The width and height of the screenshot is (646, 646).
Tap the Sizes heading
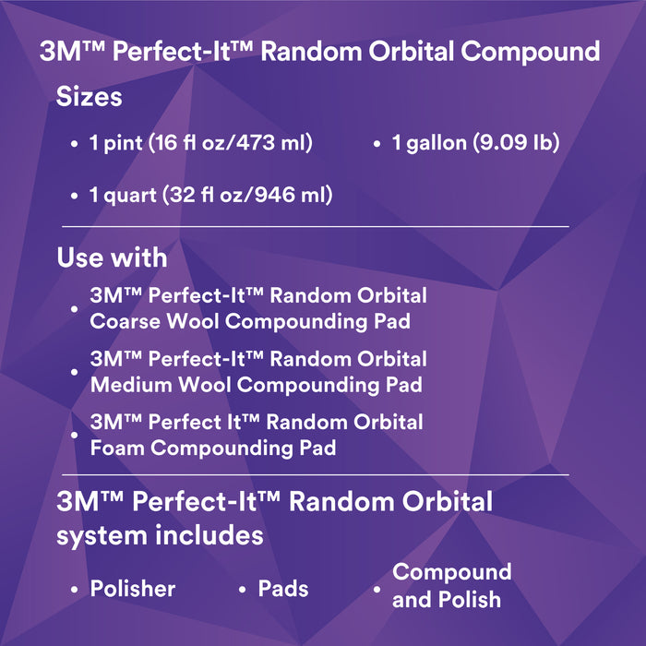pos(90,96)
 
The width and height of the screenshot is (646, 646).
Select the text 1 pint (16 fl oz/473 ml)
pos(201,143)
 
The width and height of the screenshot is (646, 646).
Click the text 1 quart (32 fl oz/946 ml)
pos(211,195)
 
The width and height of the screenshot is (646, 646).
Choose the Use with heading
pos(112,257)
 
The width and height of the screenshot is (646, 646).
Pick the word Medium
pos(129,384)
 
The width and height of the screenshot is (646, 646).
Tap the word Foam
pos(117,448)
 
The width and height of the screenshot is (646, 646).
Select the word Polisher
pos(133,588)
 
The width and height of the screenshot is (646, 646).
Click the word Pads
pos(283,588)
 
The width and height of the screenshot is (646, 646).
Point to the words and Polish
pos(447,599)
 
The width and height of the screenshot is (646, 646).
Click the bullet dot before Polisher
pos(75,590)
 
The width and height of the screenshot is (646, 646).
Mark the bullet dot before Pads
pos(242,590)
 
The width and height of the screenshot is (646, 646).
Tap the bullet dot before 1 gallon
pos(377,145)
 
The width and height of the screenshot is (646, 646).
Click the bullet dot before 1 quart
pos(75,197)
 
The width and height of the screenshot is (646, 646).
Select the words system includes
pos(161,535)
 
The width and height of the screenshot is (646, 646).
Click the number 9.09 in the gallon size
pos(499,143)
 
